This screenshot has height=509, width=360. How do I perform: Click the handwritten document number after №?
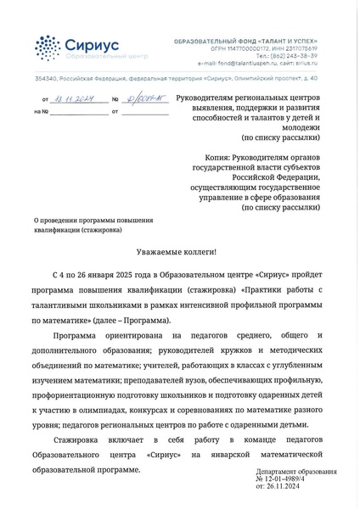pyautogui.click(x=141, y=99)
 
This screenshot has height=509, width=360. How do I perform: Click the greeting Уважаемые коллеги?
pyautogui.click(x=177, y=253)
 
